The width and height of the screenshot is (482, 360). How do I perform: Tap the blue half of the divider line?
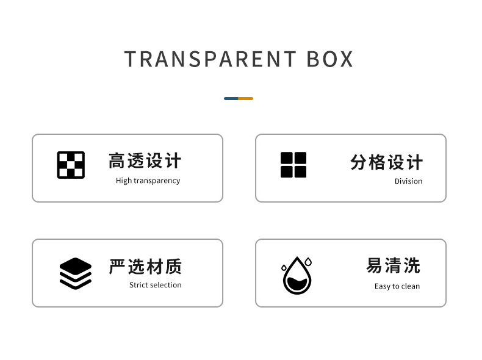coord(231,98)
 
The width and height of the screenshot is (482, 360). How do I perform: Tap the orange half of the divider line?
coord(245,98)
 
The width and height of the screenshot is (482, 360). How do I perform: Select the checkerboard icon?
coord(71,165)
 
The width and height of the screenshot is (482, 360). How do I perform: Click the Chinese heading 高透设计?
coord(145,161)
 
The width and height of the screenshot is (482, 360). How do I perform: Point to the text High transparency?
coord(148,181)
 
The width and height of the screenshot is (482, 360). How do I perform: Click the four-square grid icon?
coord(293,165)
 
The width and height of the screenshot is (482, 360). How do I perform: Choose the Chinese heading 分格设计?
coord(386,162)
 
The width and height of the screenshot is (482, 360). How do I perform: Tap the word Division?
coord(408,181)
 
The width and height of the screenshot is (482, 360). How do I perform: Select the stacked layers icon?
coord(75,273)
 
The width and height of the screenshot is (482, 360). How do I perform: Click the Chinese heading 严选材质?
coord(145,267)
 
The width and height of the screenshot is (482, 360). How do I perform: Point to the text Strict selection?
coord(155,285)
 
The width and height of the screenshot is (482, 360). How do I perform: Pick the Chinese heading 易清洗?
coord(393,266)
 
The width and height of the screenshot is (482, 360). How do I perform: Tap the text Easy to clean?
coord(397,286)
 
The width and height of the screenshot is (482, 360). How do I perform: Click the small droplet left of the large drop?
coord(284,267)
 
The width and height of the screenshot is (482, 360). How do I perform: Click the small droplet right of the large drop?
coord(308,262)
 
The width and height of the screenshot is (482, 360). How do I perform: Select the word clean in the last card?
coord(411,286)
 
